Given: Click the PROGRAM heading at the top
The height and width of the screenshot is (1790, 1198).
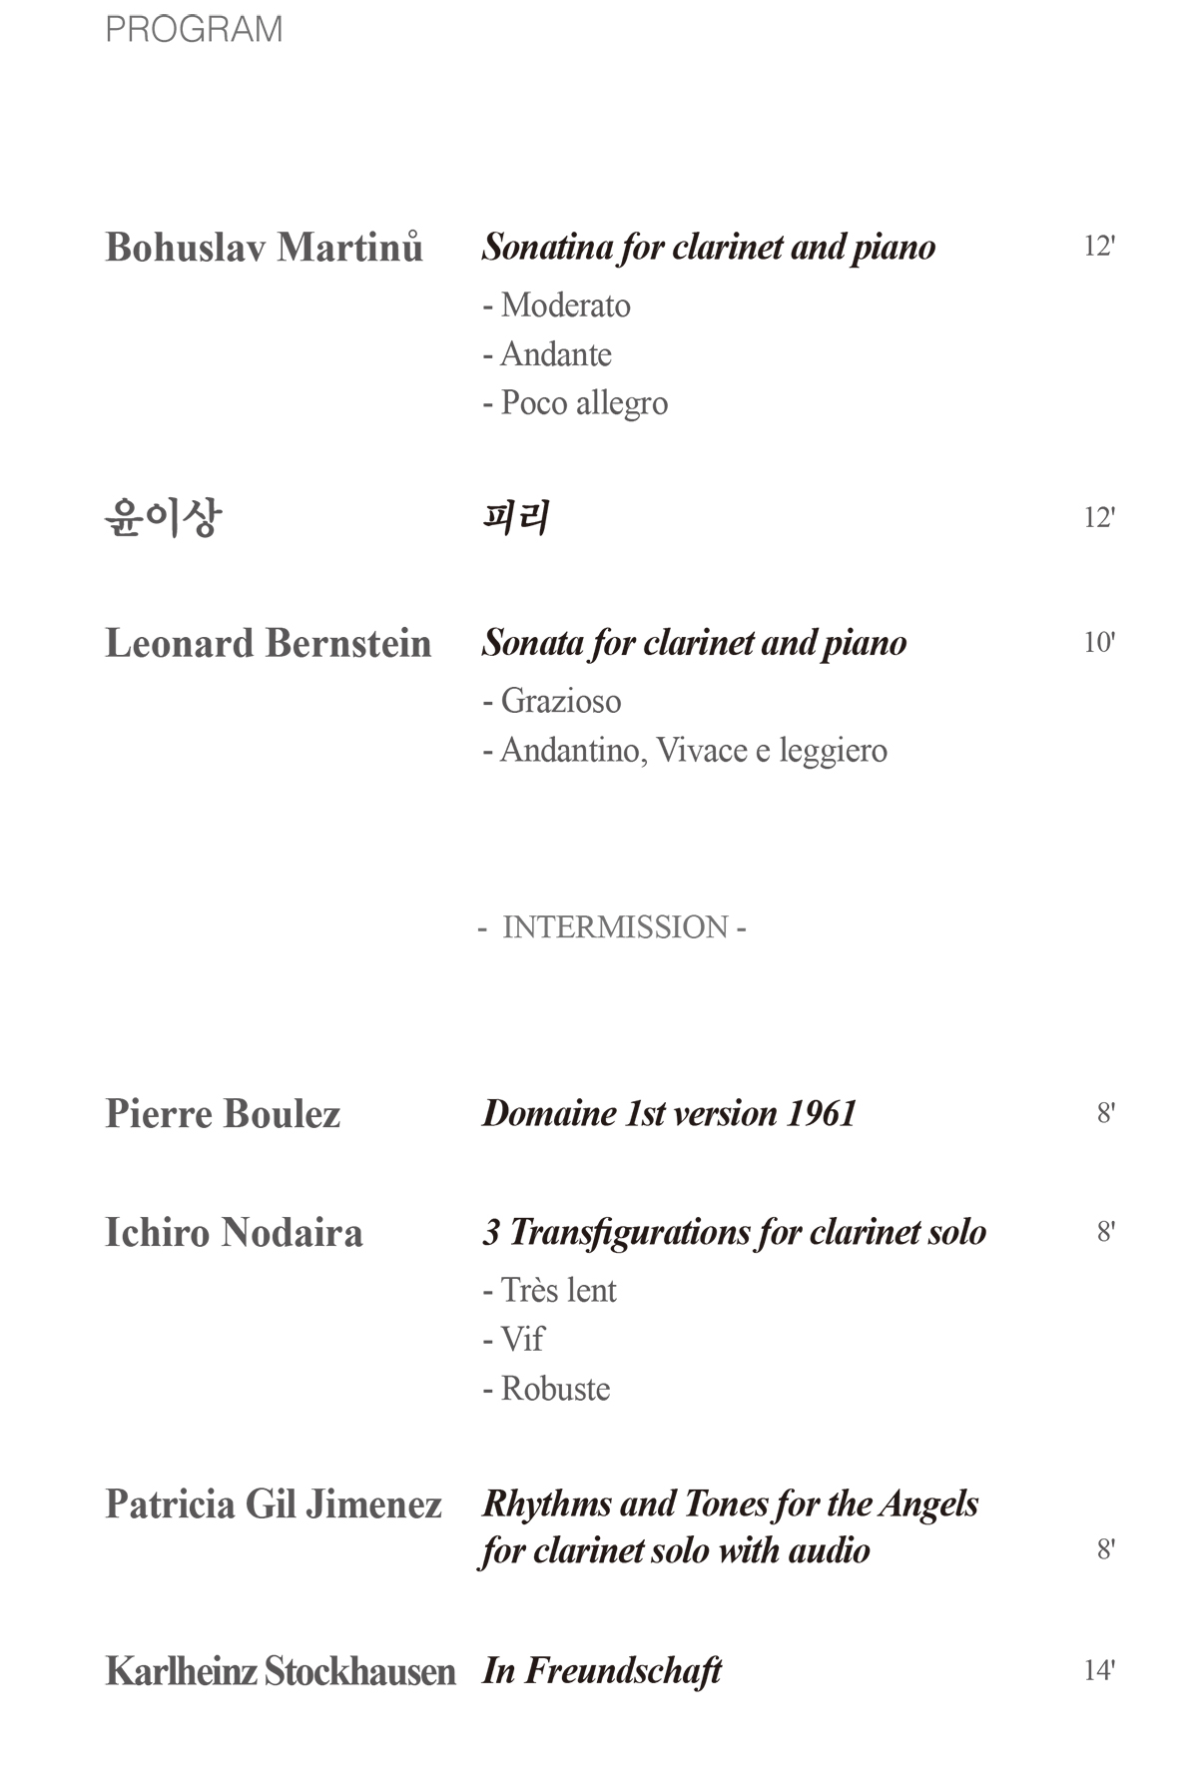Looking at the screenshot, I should point(194,29).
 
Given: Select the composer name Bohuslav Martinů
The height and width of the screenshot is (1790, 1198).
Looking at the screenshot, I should point(264,247).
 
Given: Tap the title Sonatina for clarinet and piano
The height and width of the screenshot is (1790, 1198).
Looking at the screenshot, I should point(708,247).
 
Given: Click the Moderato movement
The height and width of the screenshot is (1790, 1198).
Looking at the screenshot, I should point(556,304).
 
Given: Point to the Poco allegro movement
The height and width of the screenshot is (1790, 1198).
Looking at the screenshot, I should point(575,403).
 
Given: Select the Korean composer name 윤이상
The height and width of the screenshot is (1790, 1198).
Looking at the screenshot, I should point(163,517).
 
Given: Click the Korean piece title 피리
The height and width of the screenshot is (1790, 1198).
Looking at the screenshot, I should point(515,518).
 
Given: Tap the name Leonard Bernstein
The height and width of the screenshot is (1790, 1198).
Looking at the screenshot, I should point(268,643).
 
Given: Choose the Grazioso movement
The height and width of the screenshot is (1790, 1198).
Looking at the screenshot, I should point(552,701).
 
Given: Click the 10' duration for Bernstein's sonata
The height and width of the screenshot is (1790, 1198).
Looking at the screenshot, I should point(1098,642).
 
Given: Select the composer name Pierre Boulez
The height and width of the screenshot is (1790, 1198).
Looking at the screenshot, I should point(223,1114).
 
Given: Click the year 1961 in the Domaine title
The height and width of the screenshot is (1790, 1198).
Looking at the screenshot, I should point(822,1113).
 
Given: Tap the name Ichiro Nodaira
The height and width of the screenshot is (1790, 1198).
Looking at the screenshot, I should point(234,1233).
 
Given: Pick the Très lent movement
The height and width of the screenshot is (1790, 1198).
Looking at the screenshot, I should point(549,1290).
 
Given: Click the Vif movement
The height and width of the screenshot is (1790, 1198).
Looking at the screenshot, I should point(513,1339).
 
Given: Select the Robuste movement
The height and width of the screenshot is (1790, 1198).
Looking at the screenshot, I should point(546,1389).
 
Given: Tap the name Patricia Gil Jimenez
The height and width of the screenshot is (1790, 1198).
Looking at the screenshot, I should point(274,1504).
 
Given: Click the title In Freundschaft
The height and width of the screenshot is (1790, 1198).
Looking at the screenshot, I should point(602,1670).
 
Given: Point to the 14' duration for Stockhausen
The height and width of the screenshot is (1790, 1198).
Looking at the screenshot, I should point(1098,1670).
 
